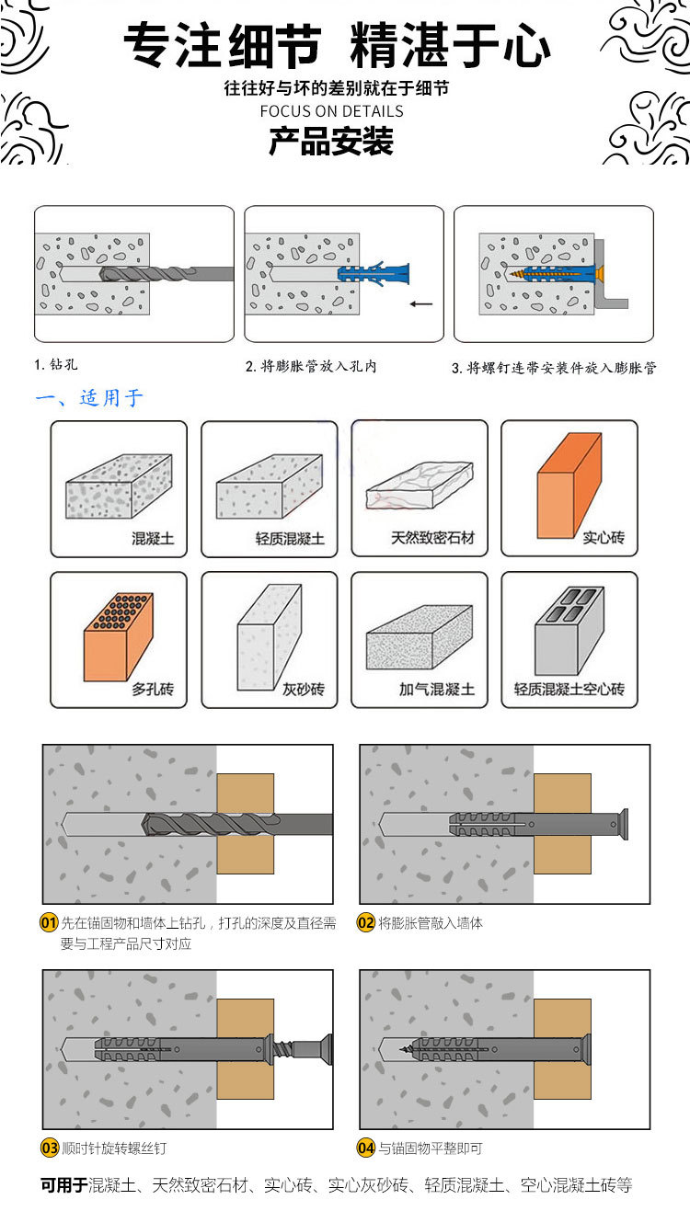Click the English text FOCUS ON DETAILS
[x=331, y=111]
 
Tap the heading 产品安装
[x=331, y=143]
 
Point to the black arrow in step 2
[x=420, y=303]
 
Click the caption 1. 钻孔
[x=56, y=365]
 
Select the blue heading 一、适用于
[x=89, y=398]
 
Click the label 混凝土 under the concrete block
[x=153, y=538]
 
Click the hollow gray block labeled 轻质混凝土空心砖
[x=569, y=630]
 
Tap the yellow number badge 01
[x=50, y=923]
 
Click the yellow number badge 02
[x=365, y=923]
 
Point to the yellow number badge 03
[x=50, y=1148]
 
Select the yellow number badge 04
[x=365, y=1148]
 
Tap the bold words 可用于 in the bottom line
[x=63, y=1185]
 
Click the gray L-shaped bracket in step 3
[x=612, y=276]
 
